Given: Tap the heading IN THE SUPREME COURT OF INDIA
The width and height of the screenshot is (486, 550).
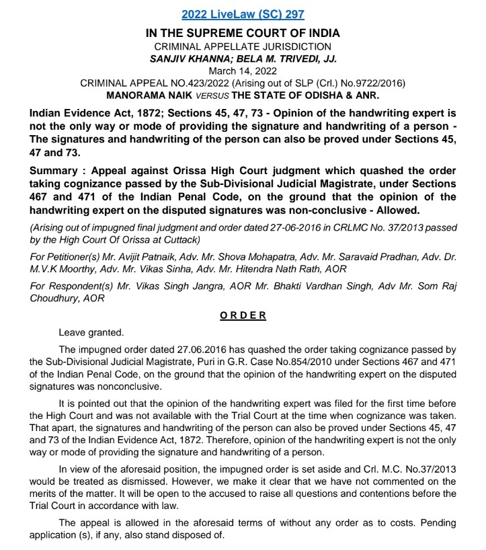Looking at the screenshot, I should pyautogui.click(x=243, y=33).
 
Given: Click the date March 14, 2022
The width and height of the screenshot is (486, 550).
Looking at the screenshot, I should pyautogui.click(x=243, y=71).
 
